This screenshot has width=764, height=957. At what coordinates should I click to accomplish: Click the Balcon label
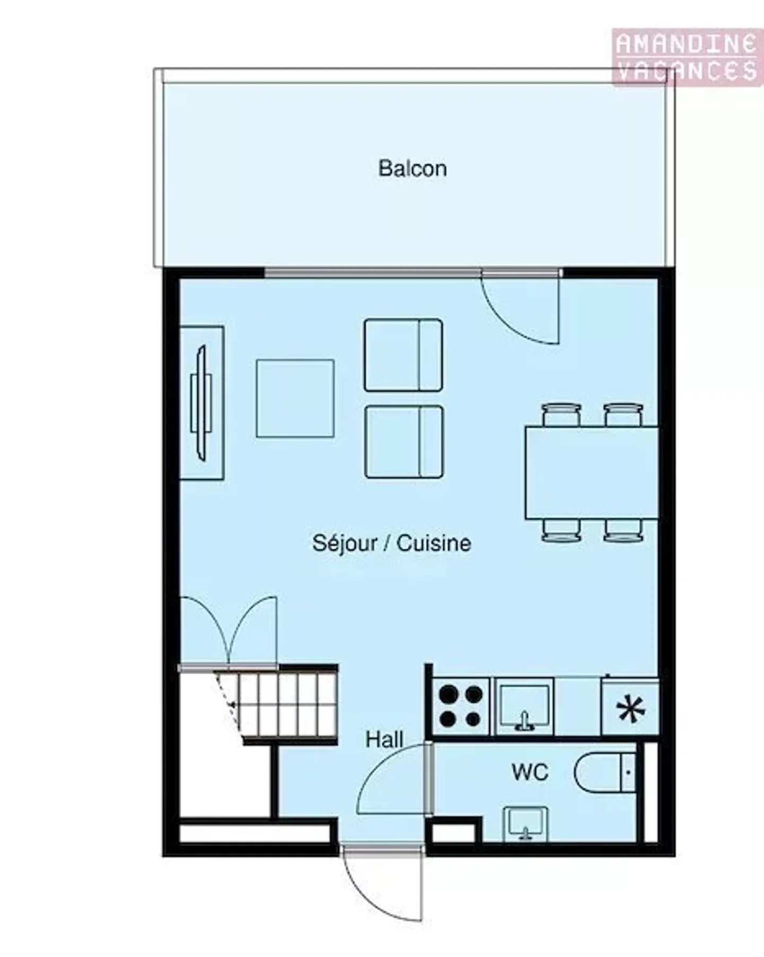click(x=412, y=169)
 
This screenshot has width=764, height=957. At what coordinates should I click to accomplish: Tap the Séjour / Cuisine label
click(x=392, y=543)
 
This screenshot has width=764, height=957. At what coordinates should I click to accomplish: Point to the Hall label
click(x=384, y=739)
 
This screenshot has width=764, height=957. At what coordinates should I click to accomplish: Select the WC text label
click(x=529, y=772)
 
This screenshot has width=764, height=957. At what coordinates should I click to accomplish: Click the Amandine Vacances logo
click(x=687, y=57)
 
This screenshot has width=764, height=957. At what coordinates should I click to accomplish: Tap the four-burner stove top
click(x=461, y=706)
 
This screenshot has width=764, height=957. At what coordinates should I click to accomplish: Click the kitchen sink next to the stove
click(x=524, y=706)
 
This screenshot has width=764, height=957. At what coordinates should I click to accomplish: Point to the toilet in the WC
click(x=605, y=772)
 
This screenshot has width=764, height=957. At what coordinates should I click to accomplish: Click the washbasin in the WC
click(x=525, y=823)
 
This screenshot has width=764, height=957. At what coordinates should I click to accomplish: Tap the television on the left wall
click(x=201, y=403)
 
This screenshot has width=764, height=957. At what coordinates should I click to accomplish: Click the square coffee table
click(x=295, y=399)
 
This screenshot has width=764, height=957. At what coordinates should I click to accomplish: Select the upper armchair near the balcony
click(x=403, y=355)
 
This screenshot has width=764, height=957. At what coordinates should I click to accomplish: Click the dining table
click(x=592, y=472)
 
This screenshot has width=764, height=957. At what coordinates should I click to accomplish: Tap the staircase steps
click(x=281, y=704)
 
